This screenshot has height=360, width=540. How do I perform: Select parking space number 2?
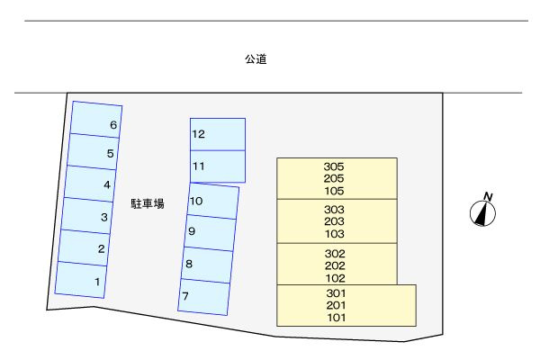pos(85,247)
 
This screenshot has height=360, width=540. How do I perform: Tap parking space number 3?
pos(89,216)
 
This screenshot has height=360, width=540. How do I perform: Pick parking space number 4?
pos(93,184)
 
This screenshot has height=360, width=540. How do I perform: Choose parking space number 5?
pos(95,152)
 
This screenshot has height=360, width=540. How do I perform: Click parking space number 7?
pos(203,295)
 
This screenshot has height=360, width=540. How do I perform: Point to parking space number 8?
pos(207,264)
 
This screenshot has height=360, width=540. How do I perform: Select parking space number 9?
pos(211,232)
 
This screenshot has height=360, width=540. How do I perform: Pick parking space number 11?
pos(217,166)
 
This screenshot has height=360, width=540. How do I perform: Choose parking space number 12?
pos(217,134)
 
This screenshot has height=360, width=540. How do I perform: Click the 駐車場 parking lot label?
pos(147,204)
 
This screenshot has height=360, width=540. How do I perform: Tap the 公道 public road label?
pos(256,60)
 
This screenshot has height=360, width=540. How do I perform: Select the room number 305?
pos(334,166)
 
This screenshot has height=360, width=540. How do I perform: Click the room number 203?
pos(334,221)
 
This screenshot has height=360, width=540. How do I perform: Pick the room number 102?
pos(334,277)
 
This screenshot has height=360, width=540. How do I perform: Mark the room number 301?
pos(337,293)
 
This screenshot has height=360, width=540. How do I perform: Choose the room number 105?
pos(334,190)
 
